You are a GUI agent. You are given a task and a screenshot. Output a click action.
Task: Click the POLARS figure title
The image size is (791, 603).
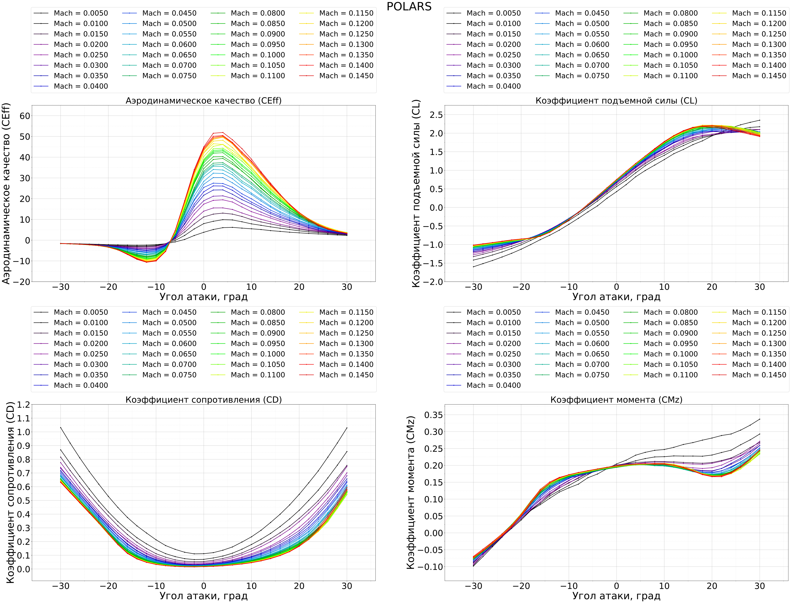409,6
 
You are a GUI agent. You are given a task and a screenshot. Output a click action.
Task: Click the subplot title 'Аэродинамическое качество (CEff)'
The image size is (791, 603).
203,101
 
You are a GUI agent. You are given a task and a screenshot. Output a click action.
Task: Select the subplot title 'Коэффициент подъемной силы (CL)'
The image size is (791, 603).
616,101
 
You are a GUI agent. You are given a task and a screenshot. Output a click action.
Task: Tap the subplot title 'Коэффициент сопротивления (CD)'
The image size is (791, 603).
203,400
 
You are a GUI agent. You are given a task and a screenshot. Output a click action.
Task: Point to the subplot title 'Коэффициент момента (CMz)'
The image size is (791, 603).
616,400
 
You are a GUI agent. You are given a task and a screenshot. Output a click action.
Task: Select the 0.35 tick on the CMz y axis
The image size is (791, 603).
434,415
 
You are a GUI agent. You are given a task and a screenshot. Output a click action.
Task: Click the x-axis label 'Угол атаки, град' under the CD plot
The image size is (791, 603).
203,596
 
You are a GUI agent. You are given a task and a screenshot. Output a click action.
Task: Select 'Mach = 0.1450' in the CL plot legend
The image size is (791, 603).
759,76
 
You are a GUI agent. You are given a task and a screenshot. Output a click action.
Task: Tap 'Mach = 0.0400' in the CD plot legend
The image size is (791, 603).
80,385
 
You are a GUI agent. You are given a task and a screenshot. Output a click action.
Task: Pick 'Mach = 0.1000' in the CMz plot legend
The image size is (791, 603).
670,354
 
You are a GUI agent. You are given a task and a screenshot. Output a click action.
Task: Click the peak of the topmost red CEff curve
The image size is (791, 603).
223,133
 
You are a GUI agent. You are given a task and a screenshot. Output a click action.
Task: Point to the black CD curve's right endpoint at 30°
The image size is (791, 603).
347,428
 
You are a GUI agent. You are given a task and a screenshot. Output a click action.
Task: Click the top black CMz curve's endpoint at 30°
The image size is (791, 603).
759,419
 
